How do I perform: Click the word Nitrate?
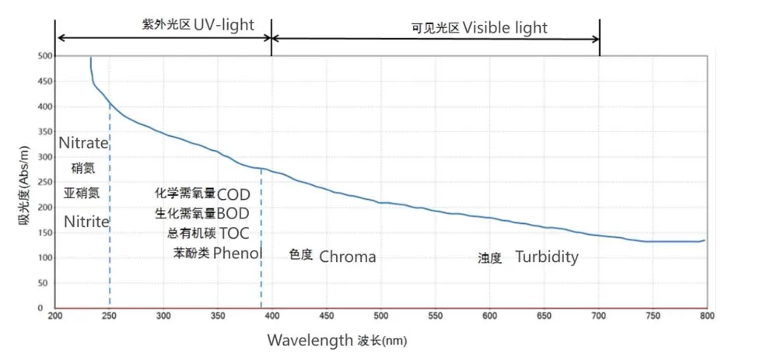pos(83,143)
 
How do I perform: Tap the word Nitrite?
pos(86,222)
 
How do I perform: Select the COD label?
pos(233,194)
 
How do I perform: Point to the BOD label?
pos(233,214)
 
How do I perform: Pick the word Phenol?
pos(237,253)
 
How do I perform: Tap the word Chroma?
pos(348,257)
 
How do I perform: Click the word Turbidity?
pos(546,257)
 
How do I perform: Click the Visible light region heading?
pos(505,28)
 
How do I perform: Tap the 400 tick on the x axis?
pos(272,316)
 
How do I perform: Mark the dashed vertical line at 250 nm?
pos(110,233)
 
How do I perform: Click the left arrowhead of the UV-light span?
pos(58,37)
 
